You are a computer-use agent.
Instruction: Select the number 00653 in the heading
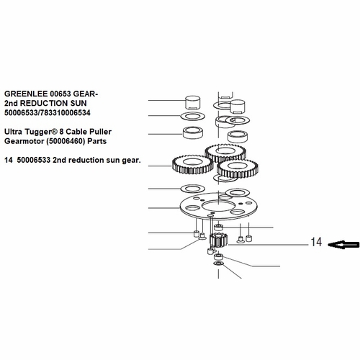[72, 94]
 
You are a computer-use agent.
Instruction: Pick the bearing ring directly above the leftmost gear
[193, 133]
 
